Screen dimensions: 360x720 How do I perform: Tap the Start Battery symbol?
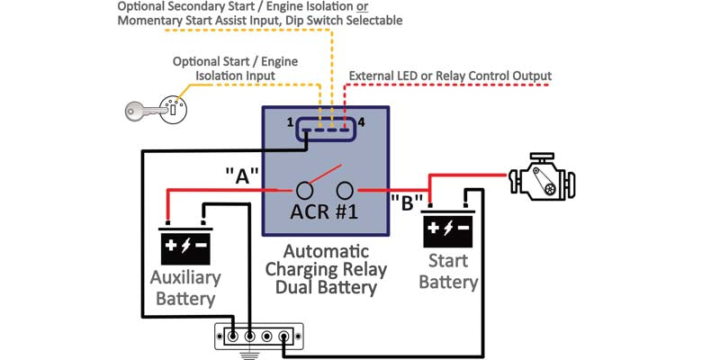pos(447,231)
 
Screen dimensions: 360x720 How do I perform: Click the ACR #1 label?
pos(324,213)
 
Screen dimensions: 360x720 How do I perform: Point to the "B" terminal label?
pos(406,202)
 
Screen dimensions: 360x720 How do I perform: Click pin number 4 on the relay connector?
pos(361,121)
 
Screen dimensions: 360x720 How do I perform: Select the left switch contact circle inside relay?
pos(305,190)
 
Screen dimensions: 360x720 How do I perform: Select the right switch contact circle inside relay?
pos(345,190)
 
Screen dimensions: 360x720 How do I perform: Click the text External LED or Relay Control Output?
pos(449,76)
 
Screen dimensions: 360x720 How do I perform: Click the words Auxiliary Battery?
pos(184,287)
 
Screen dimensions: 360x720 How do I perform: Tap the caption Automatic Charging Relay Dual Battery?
pos(326,269)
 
